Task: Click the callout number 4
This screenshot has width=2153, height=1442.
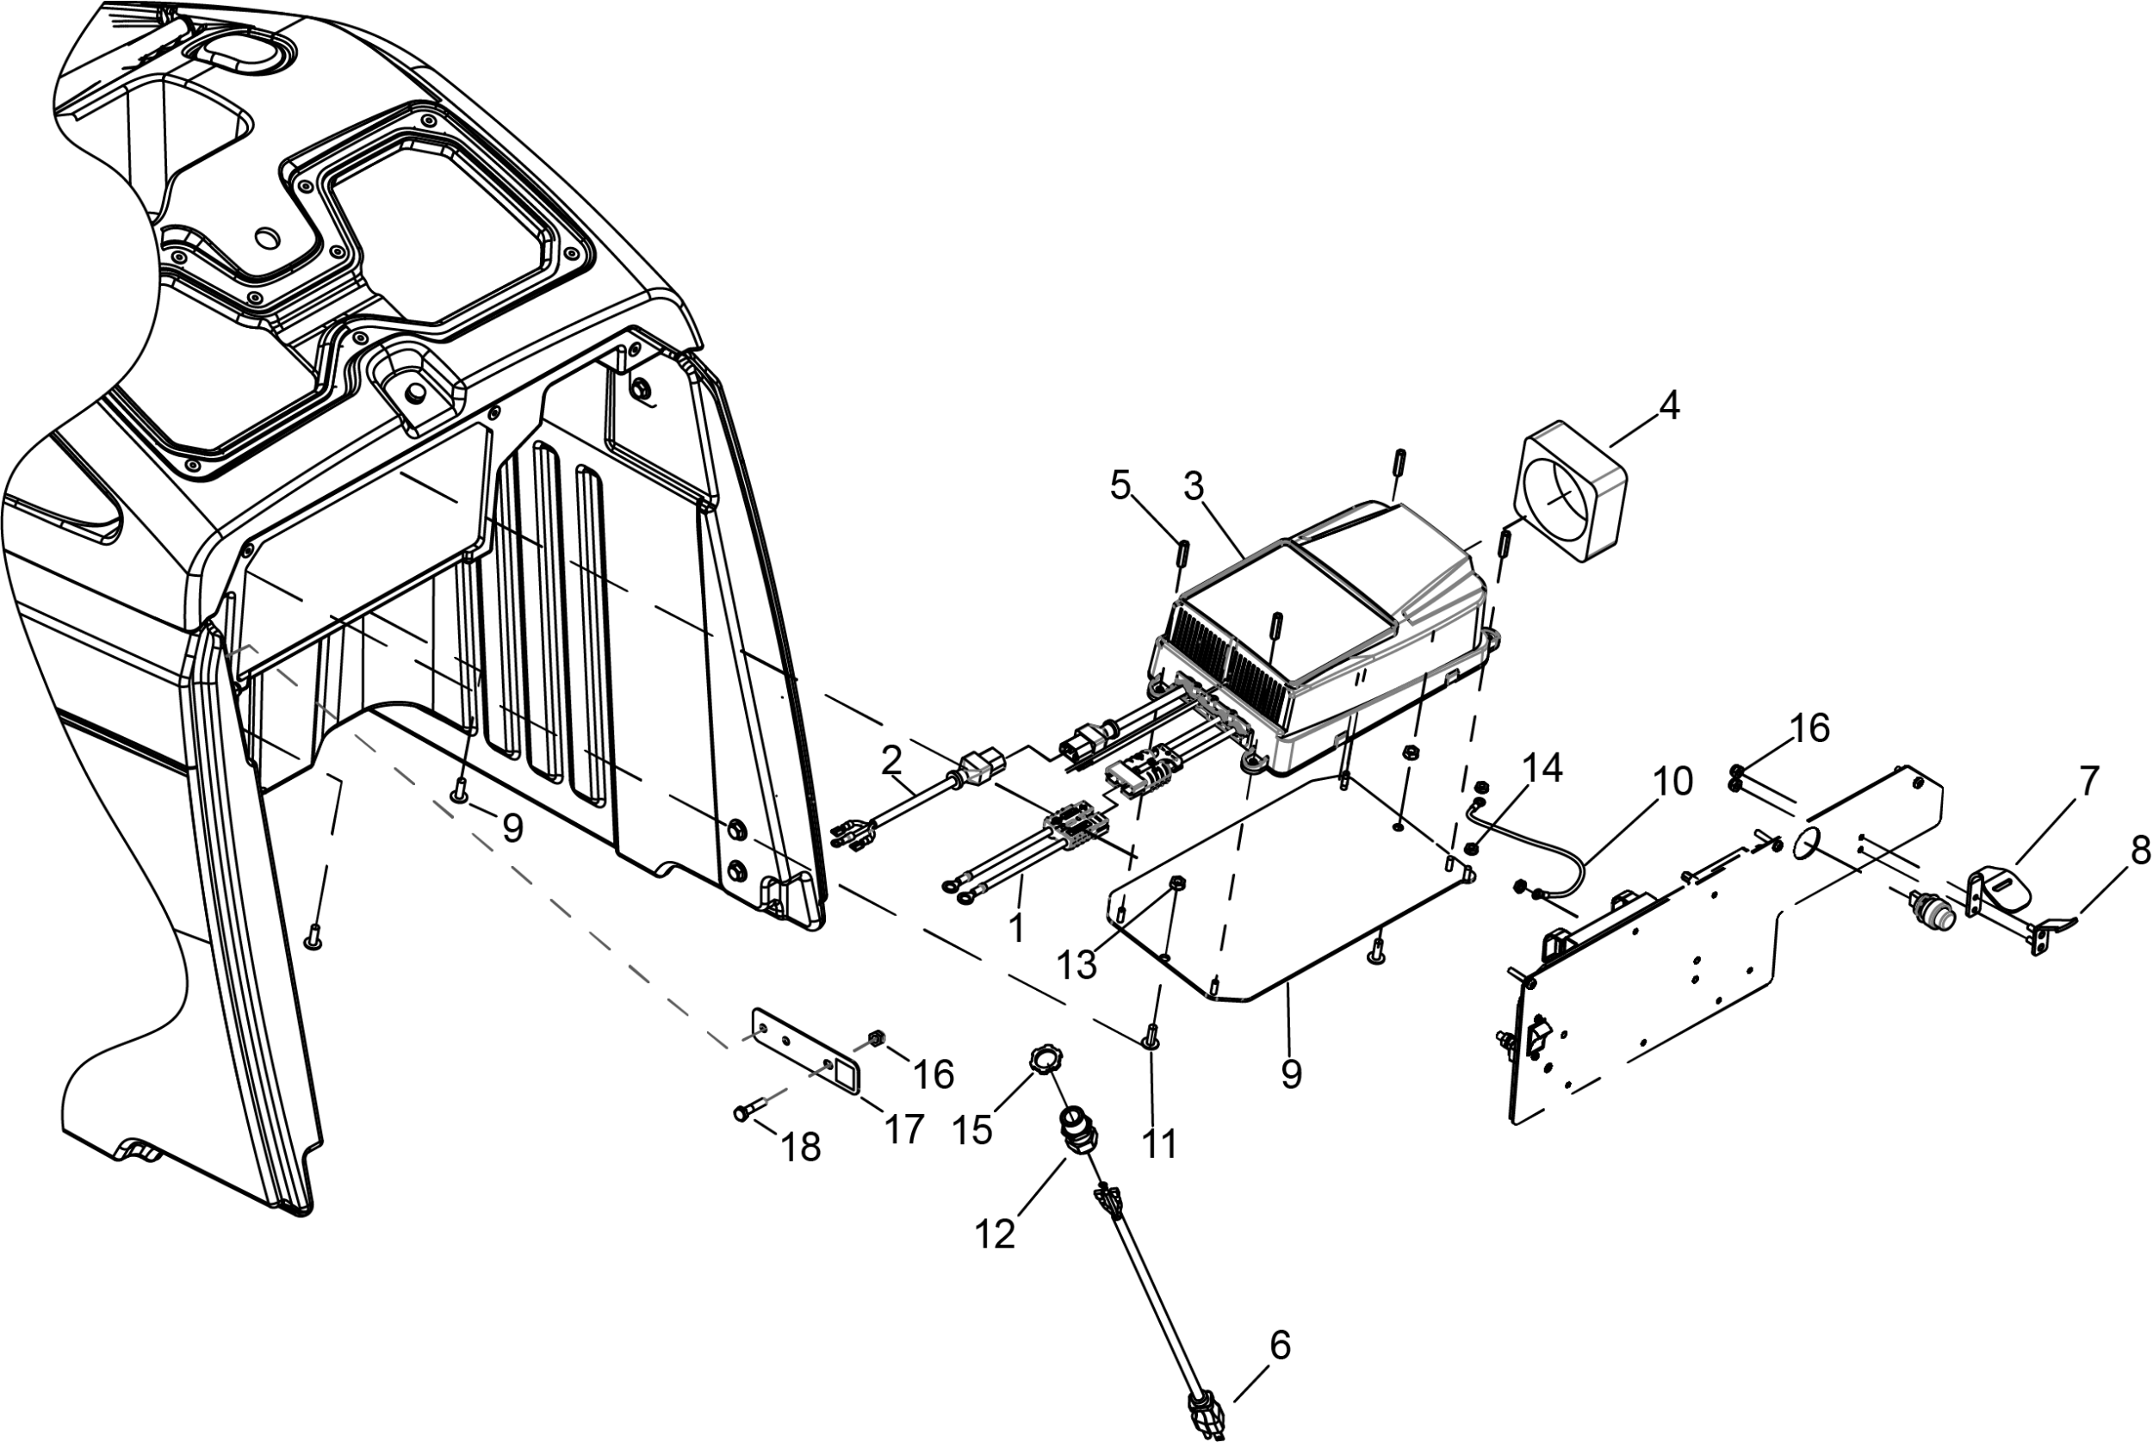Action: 1668,405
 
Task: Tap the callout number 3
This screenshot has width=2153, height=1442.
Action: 1194,487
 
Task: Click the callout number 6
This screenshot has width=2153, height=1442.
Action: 1281,1346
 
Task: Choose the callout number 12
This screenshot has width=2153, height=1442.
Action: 995,1235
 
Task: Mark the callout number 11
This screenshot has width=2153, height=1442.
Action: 1160,1144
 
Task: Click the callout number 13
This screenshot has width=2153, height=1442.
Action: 1077,965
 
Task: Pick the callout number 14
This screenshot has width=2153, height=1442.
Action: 1542,769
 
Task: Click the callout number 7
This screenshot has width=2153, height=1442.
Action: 2088,782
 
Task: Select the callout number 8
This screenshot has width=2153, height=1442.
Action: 2140,851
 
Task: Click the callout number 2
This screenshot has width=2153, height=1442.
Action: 891,759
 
